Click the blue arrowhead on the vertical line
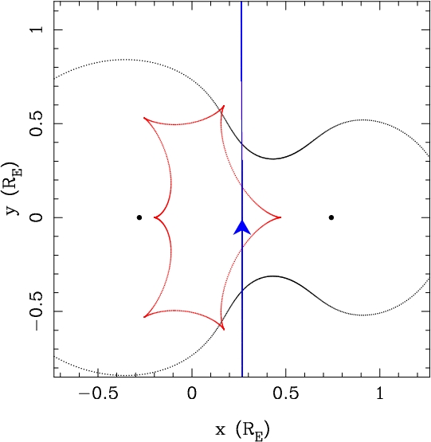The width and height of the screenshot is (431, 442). [x=242, y=228]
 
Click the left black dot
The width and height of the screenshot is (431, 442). [x=139, y=217]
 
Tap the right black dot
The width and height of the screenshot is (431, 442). [x=331, y=217]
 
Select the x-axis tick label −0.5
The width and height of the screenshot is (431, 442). [x=98, y=393]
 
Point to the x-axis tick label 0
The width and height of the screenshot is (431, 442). [x=192, y=393]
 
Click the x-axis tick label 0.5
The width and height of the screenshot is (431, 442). [x=285, y=393]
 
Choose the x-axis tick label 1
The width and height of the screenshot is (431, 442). [x=380, y=393]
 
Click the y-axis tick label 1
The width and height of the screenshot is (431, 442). [x=37, y=29]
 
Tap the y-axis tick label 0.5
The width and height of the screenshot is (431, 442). [x=37, y=123]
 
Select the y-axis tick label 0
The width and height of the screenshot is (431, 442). [x=37, y=217]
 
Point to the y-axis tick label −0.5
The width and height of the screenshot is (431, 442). [x=37, y=311]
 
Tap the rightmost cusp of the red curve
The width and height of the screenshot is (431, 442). [x=280, y=217]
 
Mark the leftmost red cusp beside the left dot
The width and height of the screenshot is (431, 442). [x=154, y=217]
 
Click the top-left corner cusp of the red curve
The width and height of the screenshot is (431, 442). [x=144, y=118]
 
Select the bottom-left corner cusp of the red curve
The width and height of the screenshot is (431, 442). [x=144, y=317]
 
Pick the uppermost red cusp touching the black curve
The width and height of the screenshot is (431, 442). [x=224, y=106]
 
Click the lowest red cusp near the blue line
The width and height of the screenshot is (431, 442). [x=224, y=330]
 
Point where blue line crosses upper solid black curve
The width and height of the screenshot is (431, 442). [x=241, y=144]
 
